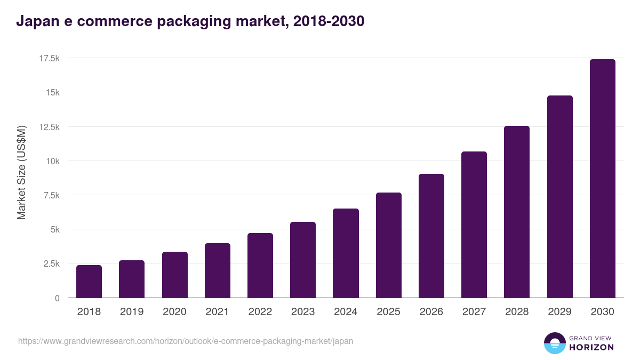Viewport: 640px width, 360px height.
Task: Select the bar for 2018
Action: coord(89,282)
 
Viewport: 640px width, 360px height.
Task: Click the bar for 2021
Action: coord(217,270)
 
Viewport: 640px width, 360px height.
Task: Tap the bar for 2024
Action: coord(346,253)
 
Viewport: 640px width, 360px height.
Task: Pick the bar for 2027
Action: coord(474,225)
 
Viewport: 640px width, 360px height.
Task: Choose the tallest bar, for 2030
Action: coord(602,179)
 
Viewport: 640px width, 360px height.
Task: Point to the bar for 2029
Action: coord(559,197)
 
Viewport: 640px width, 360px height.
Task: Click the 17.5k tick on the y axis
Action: coord(49,58)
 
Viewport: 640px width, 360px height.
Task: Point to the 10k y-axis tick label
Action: coord(52,161)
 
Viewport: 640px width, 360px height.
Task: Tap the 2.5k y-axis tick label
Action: coord(51,264)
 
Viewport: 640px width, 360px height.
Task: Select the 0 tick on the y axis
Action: coord(57,298)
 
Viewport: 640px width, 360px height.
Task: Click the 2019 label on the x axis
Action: coord(132,312)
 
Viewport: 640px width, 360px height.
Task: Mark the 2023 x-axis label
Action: coord(303,312)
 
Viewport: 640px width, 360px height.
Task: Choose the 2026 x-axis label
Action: coord(431,312)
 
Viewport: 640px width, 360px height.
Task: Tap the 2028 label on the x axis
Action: coord(517,312)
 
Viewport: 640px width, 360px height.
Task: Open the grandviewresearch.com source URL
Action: coord(186,341)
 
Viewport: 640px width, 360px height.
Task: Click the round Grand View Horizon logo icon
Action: coord(555,343)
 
